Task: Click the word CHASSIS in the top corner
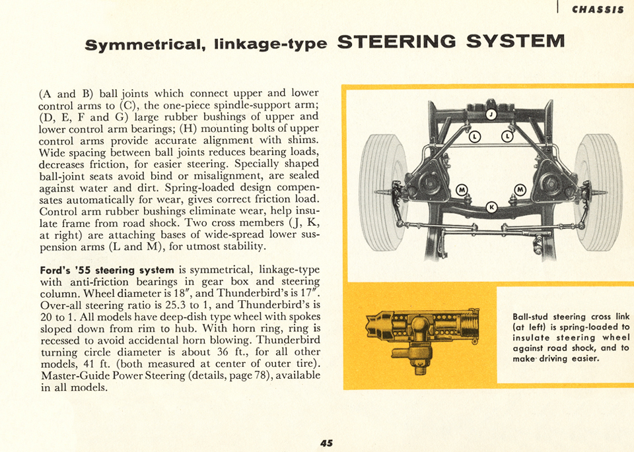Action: (x=597, y=9)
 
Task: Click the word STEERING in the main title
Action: (x=398, y=42)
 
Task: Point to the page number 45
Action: (x=326, y=443)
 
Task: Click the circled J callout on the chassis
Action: (x=491, y=114)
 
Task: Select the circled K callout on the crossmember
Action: (x=491, y=207)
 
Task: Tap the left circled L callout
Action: (x=474, y=137)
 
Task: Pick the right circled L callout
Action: (x=507, y=137)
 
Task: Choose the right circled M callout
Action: (x=519, y=190)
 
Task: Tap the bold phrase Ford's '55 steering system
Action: (x=107, y=271)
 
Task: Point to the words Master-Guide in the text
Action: (x=75, y=375)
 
